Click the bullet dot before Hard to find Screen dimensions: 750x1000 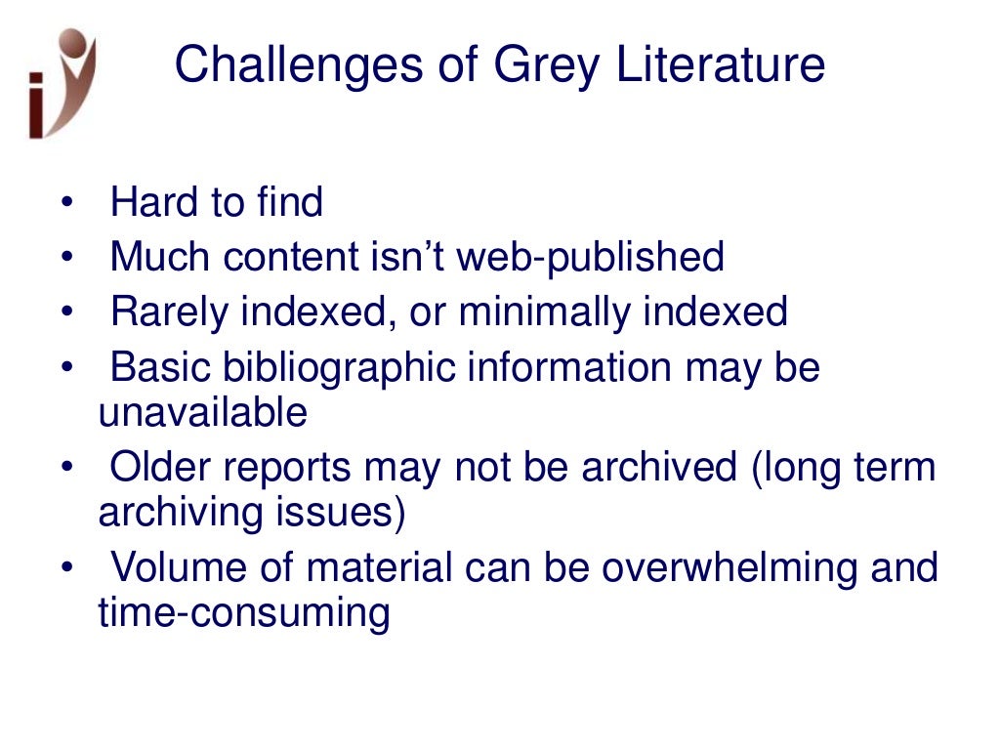65,204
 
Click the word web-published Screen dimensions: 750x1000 591,258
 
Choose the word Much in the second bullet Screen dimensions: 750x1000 160,258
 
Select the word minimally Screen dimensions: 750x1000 545,312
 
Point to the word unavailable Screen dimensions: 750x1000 202,413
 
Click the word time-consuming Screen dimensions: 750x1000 244,614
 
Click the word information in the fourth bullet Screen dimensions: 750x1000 568,368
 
